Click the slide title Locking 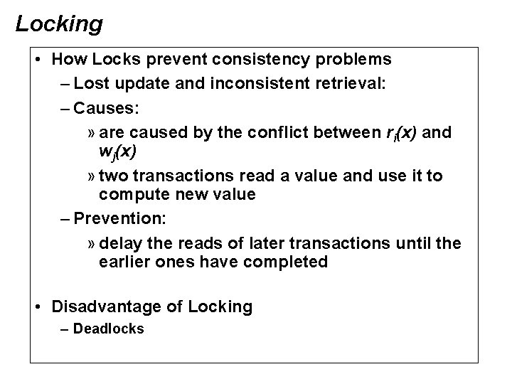click(59, 24)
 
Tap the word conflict click(308, 133)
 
